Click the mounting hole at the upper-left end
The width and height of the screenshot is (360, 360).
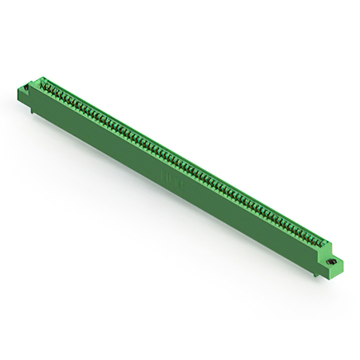pos(25,88)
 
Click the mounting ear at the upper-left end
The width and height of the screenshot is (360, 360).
pos(26,91)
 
